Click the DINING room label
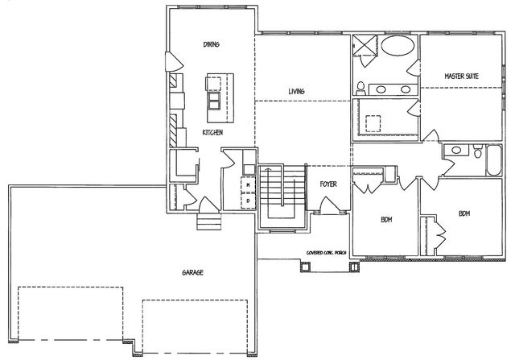click(212, 44)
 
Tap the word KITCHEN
click(212, 133)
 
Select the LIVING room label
click(296, 91)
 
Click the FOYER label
click(328, 184)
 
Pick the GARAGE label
click(192, 272)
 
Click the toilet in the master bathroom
click(361, 87)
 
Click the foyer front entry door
click(329, 209)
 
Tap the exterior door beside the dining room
click(170, 62)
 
